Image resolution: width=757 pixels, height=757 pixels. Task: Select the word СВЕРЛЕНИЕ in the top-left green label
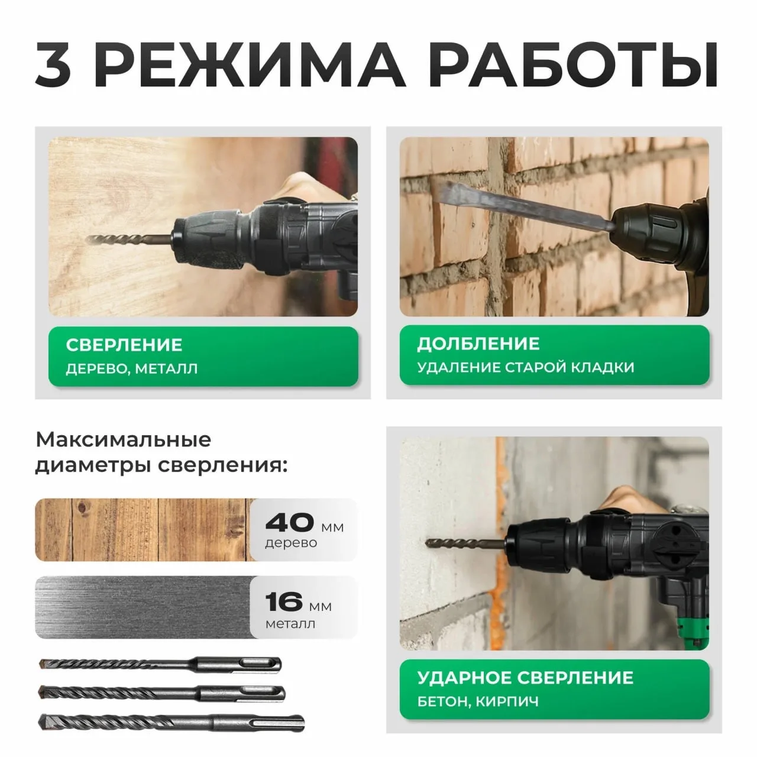(x=124, y=345)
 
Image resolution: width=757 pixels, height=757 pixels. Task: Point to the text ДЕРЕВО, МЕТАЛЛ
(x=132, y=369)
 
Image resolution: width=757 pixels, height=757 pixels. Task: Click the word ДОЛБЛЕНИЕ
(x=478, y=344)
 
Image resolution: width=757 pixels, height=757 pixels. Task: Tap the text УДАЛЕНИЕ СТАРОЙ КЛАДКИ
(x=526, y=368)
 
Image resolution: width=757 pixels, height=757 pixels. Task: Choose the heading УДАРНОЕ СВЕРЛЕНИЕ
(x=525, y=678)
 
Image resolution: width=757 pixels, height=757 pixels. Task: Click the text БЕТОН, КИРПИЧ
(x=478, y=702)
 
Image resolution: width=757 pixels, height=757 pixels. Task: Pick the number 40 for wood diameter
(x=290, y=522)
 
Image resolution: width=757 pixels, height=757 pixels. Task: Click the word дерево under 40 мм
(x=291, y=543)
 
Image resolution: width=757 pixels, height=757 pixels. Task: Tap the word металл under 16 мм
(x=290, y=623)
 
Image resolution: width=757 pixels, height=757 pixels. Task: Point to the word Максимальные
(x=123, y=440)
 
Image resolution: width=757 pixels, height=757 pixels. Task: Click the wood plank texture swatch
(x=142, y=530)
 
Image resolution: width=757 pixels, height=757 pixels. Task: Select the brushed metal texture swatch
(x=142, y=607)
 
